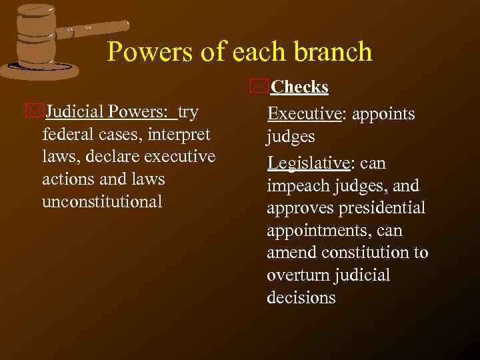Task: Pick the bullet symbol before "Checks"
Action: (x=260, y=87)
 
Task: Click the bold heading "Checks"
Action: (x=300, y=87)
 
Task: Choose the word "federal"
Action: (x=67, y=134)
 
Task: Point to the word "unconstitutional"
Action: (x=102, y=201)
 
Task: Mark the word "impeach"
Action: (x=293, y=186)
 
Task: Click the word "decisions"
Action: (x=301, y=298)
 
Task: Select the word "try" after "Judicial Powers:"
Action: (x=188, y=112)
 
